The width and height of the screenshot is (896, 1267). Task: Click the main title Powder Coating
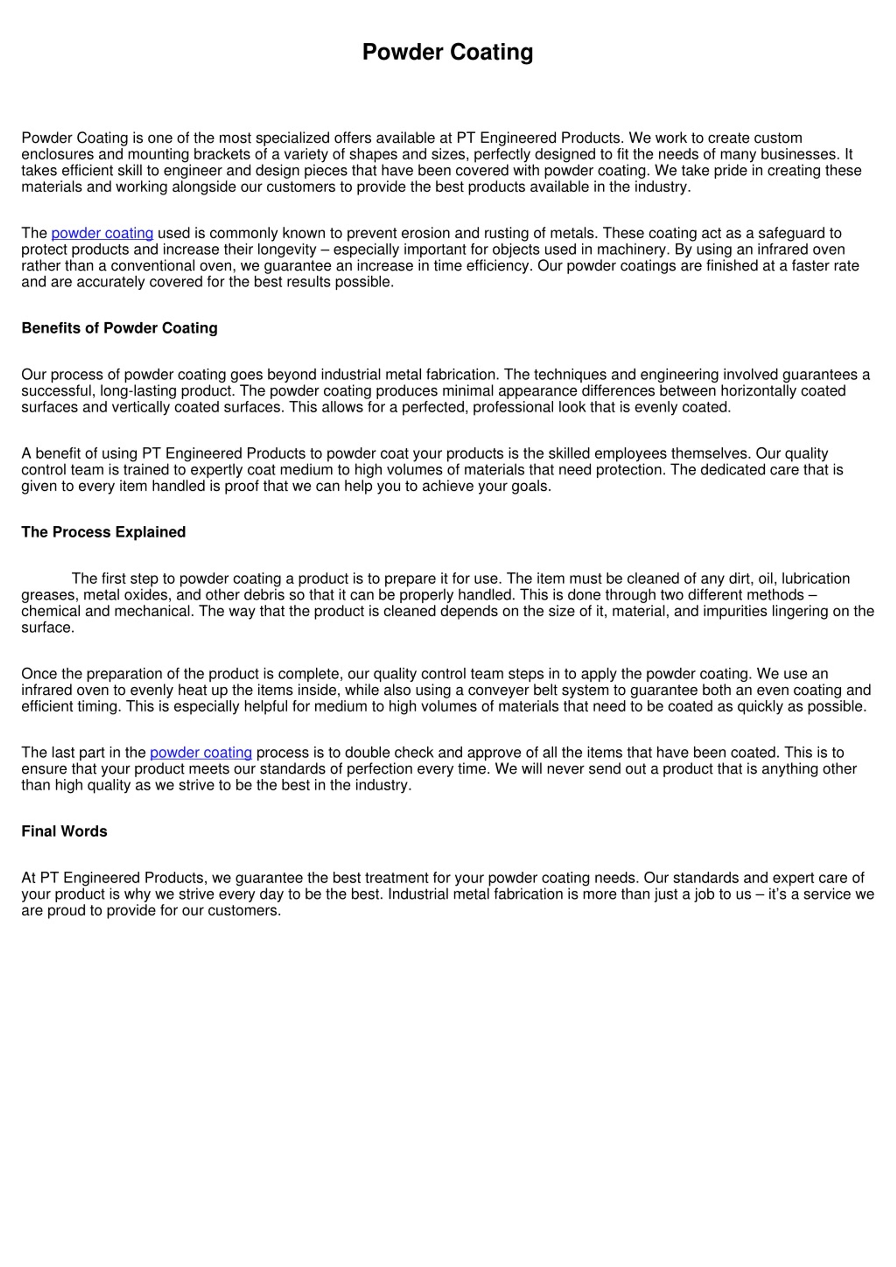(x=447, y=52)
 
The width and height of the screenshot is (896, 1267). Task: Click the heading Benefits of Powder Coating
(x=119, y=328)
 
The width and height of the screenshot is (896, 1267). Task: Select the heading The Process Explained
(x=103, y=532)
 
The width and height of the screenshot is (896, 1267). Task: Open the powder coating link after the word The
(x=102, y=233)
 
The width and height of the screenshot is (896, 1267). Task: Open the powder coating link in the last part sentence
(x=201, y=753)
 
